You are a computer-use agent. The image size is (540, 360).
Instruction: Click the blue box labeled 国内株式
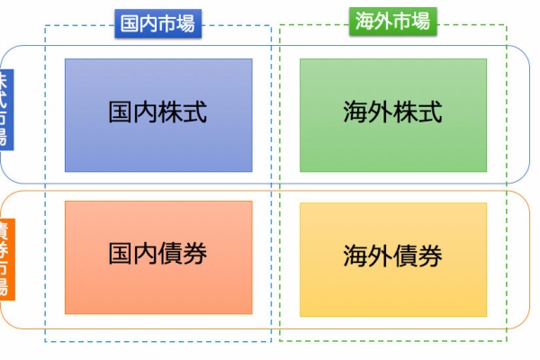(x=158, y=114)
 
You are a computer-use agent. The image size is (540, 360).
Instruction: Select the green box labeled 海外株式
(x=393, y=114)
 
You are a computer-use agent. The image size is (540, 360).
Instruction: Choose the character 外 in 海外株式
(x=381, y=113)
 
